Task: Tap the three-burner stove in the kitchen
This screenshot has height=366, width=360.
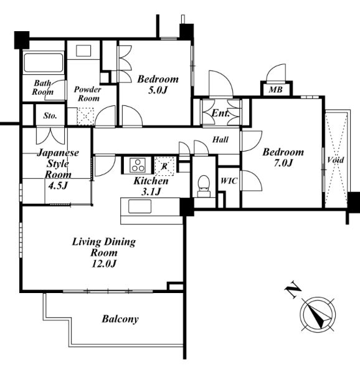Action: [138, 165]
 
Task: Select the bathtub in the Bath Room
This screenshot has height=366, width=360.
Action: [44, 63]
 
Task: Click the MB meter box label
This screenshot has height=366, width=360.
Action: [275, 89]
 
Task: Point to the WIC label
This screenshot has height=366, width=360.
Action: [229, 181]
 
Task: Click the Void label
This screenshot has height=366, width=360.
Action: [336, 160]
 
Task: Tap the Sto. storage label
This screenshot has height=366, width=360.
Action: [50, 115]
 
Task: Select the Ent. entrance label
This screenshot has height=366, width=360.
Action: [220, 113]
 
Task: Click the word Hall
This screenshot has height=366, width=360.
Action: [220, 140]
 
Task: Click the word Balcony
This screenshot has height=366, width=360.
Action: [120, 319]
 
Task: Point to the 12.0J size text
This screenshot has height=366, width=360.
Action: [103, 264]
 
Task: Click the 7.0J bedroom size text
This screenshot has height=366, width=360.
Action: [283, 163]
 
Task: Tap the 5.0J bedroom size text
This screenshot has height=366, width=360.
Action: [158, 90]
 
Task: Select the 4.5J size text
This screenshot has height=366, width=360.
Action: [57, 186]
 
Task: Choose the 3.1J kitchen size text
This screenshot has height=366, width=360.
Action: [151, 192]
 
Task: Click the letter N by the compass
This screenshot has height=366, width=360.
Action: [293, 290]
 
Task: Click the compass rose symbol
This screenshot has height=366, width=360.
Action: [318, 314]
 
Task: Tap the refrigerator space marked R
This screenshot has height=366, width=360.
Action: [164, 166]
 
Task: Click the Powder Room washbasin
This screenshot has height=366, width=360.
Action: [83, 51]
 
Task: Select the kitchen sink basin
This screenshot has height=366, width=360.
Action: [140, 206]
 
